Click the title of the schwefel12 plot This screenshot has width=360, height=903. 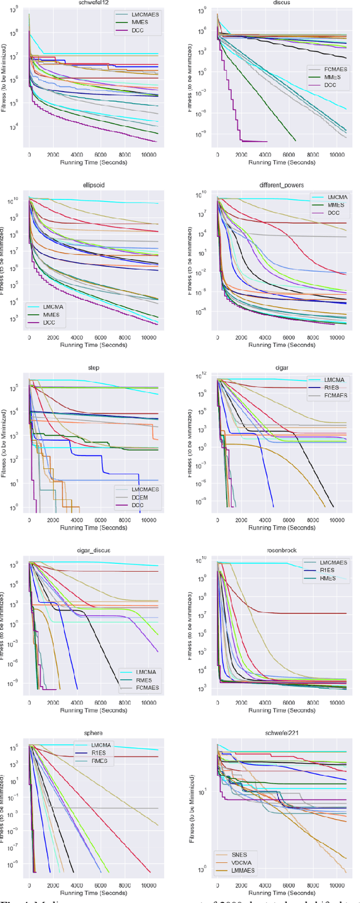point(93,3)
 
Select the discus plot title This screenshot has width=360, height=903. point(282,3)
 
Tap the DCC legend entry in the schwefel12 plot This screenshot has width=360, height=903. point(137,30)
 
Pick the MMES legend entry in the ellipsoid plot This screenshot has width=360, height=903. point(51,315)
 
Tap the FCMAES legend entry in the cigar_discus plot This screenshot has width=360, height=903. point(147,688)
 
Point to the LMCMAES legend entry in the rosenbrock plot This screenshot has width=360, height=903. point(333,562)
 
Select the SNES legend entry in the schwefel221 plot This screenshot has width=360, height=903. point(238,855)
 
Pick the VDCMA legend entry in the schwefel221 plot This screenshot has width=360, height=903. point(241,863)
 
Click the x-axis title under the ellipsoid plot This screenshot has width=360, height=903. point(93,345)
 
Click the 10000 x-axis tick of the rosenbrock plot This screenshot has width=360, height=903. point(336,703)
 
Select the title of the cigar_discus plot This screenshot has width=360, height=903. point(93,550)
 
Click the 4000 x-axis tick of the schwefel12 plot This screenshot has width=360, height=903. point(77,155)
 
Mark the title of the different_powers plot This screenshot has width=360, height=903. point(282,185)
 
